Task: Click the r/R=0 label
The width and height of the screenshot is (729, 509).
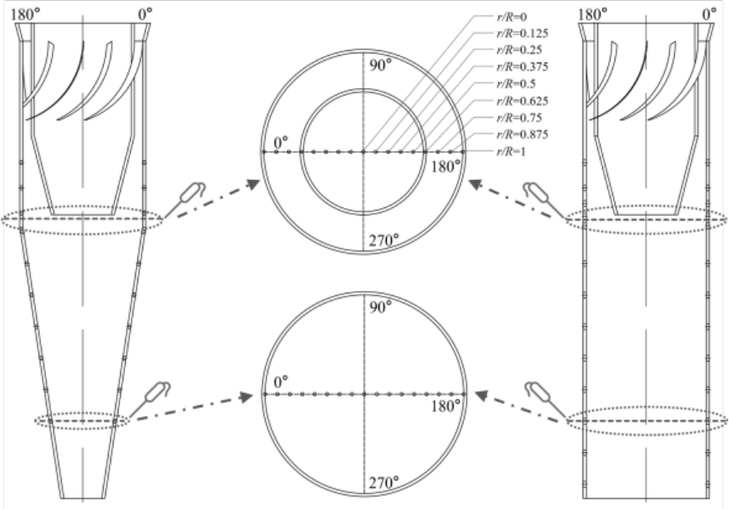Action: click(512, 17)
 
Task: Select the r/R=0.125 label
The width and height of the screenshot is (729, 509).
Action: click(522, 34)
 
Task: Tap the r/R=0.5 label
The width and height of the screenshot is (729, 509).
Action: click(516, 84)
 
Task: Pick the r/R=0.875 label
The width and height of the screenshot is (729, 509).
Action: click(522, 134)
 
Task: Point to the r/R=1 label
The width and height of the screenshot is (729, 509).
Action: click(511, 151)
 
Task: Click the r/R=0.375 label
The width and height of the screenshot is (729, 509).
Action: click(522, 67)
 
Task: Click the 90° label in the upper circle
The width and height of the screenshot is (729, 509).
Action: click(381, 66)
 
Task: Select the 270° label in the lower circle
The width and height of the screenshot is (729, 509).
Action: click(384, 483)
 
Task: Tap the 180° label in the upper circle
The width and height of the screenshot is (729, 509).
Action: click(446, 166)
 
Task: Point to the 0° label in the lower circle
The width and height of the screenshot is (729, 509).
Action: click(281, 382)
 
